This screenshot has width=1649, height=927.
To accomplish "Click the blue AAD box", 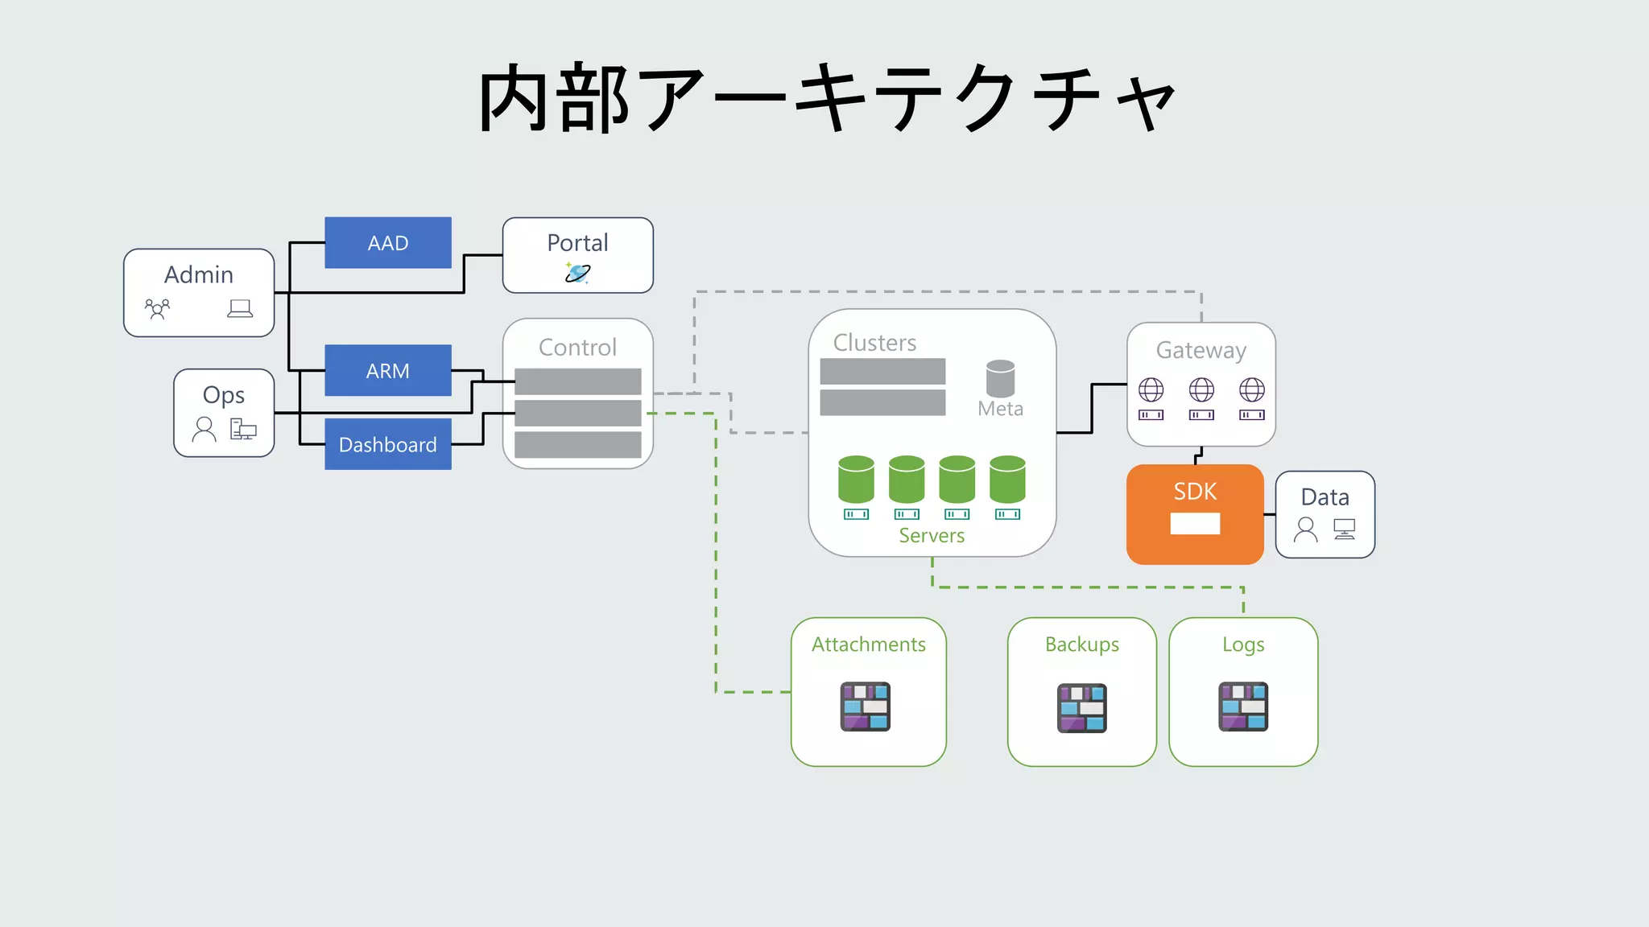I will tap(387, 242).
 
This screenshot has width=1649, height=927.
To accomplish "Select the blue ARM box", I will tap(387, 370).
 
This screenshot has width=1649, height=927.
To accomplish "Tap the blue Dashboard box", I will tap(387, 444).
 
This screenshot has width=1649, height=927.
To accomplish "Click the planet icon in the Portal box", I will tap(577, 274).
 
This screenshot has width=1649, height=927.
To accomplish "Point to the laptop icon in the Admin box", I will tap(240, 308).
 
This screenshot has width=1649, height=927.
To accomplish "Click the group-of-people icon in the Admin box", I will tap(157, 309).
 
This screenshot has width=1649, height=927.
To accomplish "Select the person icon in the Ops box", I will tap(205, 429).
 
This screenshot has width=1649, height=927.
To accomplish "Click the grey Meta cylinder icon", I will tap(1000, 378).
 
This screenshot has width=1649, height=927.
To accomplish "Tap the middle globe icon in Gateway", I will tap(1201, 390).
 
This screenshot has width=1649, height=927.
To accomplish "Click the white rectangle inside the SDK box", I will tap(1195, 524).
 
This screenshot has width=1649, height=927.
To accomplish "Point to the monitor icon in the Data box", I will tap(1344, 529).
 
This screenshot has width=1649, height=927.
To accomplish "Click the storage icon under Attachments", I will tap(865, 707).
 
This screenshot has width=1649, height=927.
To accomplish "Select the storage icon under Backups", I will tap(1081, 708).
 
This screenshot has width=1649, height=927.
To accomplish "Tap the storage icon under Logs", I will tap(1243, 707).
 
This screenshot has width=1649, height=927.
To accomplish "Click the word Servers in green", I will tap(932, 536).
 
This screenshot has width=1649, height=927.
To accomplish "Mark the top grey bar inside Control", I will tap(577, 381).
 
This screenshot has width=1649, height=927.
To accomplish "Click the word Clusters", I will tap(874, 343).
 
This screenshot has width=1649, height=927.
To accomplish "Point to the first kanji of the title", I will tap(515, 98).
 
